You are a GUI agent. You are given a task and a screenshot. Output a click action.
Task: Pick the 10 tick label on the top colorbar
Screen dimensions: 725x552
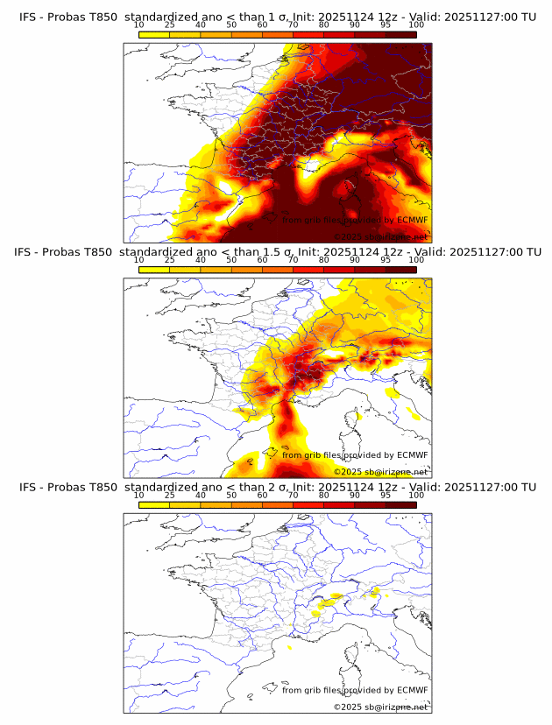point(139,25)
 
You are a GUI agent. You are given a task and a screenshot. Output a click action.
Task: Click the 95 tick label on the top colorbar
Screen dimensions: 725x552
point(386,25)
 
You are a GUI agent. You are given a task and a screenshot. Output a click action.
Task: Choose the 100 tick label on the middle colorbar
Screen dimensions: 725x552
point(416,260)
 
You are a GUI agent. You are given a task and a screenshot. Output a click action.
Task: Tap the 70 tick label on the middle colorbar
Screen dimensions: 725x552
point(294,260)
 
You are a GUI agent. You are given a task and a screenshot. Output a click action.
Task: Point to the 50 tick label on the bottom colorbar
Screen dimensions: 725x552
point(231,495)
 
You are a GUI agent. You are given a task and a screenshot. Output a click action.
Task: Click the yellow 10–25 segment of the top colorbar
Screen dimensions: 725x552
point(154,34)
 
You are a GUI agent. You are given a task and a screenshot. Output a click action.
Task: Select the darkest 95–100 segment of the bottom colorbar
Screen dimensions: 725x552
point(400,503)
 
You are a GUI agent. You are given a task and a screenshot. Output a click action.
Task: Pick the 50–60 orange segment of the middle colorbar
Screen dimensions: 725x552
point(247,269)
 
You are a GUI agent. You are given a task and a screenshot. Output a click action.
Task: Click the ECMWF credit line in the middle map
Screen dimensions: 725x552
point(355,454)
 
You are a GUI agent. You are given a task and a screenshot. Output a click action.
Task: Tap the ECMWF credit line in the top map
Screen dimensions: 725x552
point(355,220)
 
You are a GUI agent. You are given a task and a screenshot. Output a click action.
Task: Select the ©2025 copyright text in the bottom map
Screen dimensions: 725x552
point(380,706)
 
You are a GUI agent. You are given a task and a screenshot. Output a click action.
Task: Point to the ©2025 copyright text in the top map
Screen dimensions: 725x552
point(380,236)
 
